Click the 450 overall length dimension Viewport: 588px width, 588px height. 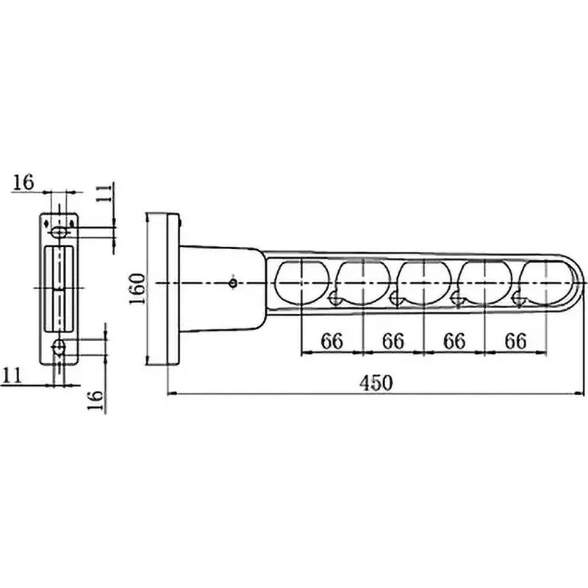pyautogui.click(x=376, y=383)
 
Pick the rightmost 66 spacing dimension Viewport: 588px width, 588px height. pyautogui.click(x=516, y=341)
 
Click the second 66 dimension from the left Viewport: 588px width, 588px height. pyautogui.click(x=394, y=341)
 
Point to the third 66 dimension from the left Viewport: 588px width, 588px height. pyautogui.click(x=455, y=341)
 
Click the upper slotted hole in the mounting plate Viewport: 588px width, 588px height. pyautogui.click(x=60, y=232)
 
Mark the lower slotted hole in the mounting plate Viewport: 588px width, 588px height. pyautogui.click(x=60, y=347)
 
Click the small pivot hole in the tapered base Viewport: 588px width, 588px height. pyautogui.click(x=232, y=282)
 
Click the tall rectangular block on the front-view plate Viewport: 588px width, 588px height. pyautogui.click(x=59, y=288)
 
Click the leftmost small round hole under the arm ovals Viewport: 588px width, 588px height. pyautogui.click(x=335, y=298)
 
